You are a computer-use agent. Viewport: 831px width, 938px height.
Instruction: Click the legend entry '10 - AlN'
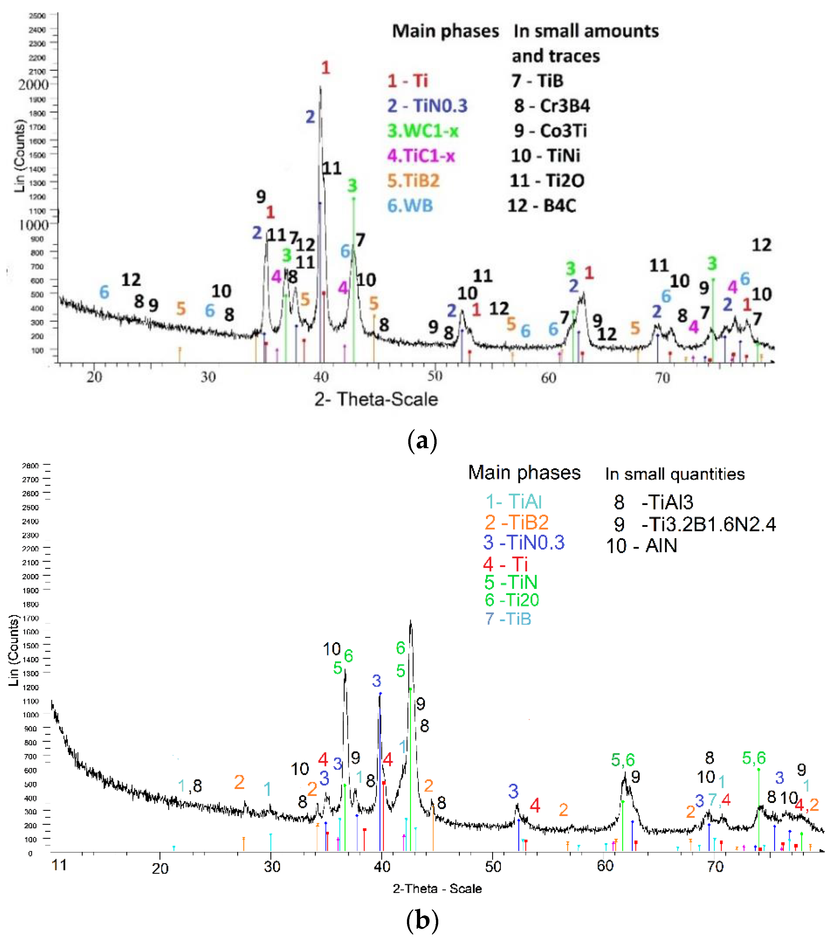pos(642,546)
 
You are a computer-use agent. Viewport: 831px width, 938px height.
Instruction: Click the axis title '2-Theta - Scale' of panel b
pos(437,889)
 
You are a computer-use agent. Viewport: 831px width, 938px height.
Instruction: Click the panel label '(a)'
pos(422,441)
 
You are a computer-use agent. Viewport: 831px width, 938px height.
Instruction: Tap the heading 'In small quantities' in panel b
pos(674,474)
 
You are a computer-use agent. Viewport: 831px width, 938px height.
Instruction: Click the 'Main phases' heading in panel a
pos(445,31)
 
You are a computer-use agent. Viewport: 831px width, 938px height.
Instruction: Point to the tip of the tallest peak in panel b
pos(410,621)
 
